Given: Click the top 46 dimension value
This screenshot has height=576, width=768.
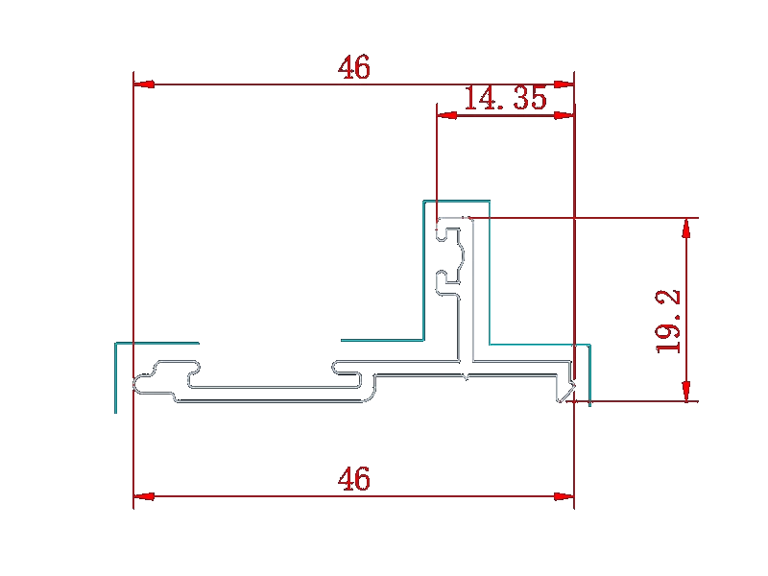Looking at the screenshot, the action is (x=353, y=67).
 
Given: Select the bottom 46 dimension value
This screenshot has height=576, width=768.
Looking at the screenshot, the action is (x=353, y=478).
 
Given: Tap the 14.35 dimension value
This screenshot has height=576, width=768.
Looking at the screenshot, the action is (x=505, y=98).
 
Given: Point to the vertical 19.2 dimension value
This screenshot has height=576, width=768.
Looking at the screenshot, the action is (x=668, y=322).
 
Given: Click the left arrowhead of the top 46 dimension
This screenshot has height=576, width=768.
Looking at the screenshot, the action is (x=144, y=84).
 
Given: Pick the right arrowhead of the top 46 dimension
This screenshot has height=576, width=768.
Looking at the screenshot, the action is (x=564, y=84).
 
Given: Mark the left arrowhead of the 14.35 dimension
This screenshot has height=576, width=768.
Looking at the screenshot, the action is (x=447, y=115).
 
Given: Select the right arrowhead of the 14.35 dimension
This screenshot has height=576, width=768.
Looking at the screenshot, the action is (x=564, y=115).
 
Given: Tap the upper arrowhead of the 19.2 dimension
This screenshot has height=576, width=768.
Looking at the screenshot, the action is (x=686, y=228).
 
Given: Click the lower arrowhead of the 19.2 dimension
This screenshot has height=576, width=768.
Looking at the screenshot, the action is (x=686, y=391).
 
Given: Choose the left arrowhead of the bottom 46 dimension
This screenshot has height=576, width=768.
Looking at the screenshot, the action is (x=144, y=496).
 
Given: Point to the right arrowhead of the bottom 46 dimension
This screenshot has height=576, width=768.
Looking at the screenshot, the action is (x=564, y=496).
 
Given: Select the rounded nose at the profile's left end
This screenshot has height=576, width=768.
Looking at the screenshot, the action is (x=139, y=384).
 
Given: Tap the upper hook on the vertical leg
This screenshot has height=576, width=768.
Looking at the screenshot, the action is (x=448, y=234).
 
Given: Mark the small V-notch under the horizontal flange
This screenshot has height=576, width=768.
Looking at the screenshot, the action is (x=466, y=377).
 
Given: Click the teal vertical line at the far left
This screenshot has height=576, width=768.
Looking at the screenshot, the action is (x=115, y=378).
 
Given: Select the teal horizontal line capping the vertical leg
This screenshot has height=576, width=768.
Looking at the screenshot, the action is (x=457, y=201).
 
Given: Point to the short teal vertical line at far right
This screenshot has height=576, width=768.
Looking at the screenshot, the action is (x=590, y=375).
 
